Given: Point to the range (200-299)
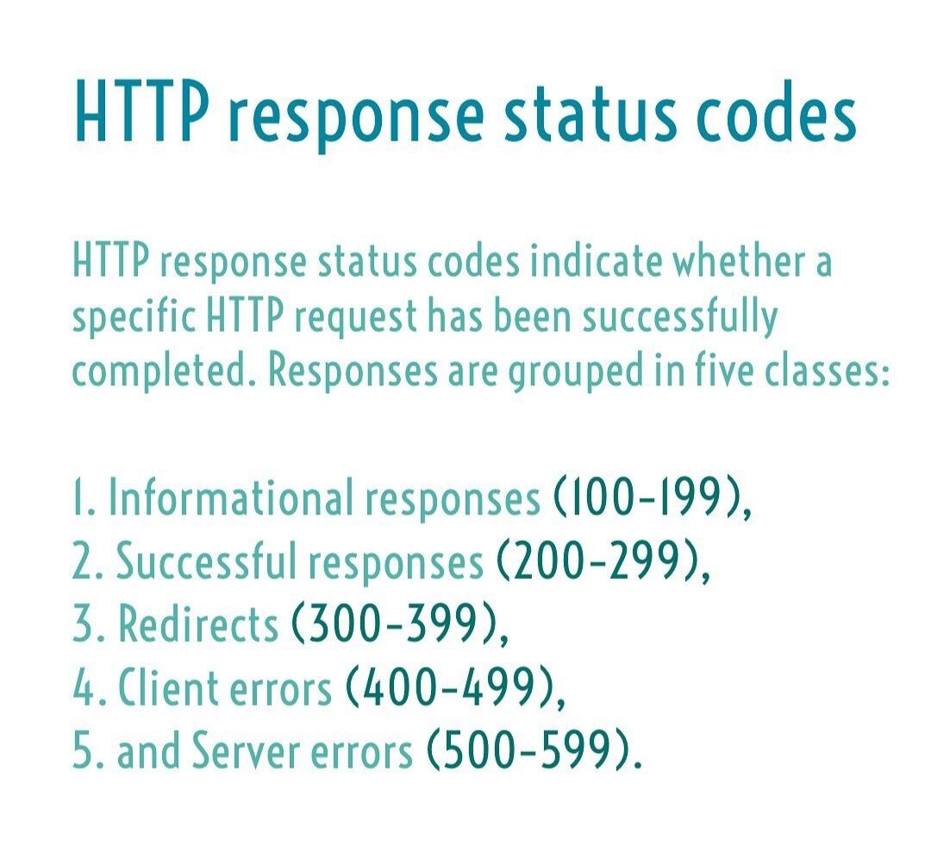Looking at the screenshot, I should click(598, 562).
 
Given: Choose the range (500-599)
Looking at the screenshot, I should click(529, 751).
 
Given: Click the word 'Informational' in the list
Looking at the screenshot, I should click(231, 499).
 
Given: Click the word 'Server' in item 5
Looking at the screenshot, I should click(253, 751).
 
